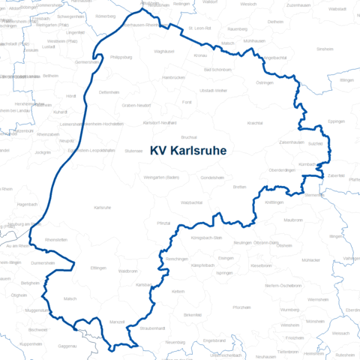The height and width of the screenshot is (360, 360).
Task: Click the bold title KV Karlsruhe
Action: coord(188,150)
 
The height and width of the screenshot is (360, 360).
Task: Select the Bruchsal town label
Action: coord(189,137)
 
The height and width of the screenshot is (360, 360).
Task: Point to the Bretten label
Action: coord(239,186)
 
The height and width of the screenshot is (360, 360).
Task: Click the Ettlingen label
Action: coord(98,268)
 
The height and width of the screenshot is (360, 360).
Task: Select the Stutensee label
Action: coord(134,150)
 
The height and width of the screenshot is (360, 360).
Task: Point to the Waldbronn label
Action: coord(127,271)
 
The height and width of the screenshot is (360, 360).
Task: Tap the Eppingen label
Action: coord(337,120)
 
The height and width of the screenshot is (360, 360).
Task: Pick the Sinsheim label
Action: coord(325,48)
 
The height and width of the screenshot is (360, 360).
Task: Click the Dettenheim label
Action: coord(109,91)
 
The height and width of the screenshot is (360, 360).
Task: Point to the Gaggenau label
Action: coord(67,346)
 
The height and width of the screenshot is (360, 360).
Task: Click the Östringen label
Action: coord(265,83)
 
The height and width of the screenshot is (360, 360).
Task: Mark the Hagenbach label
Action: coord(27,203)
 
